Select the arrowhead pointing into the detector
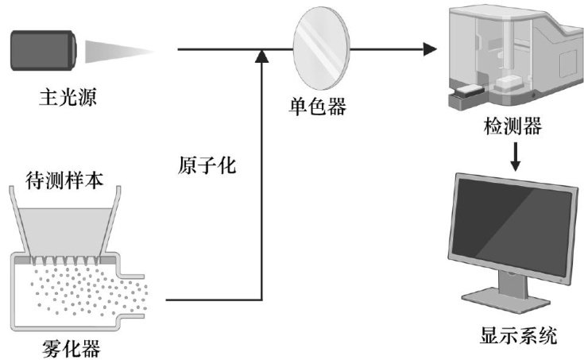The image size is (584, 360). click(431, 51)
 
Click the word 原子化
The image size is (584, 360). click(209, 167)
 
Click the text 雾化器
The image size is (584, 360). click(72, 348)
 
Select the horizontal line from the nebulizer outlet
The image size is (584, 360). click(211, 300)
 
